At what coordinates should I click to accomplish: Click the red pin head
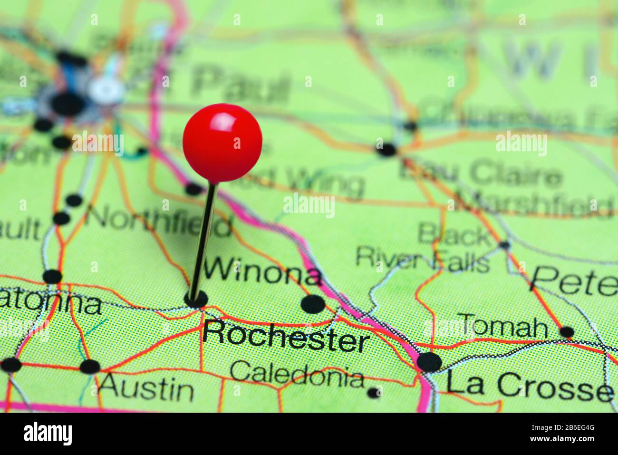pos(222,142)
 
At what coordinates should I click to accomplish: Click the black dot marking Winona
pos(313,304)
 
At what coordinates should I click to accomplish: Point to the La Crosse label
pos(529,385)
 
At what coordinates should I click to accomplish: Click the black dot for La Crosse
pos(429,362)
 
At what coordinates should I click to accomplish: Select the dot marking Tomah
pos(567,331)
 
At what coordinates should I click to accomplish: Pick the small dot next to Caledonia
pos(374,392)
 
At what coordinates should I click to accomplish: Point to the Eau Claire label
pos(480,174)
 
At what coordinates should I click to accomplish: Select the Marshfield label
pos(535,204)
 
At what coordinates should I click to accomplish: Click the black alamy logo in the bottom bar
pos(48,434)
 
